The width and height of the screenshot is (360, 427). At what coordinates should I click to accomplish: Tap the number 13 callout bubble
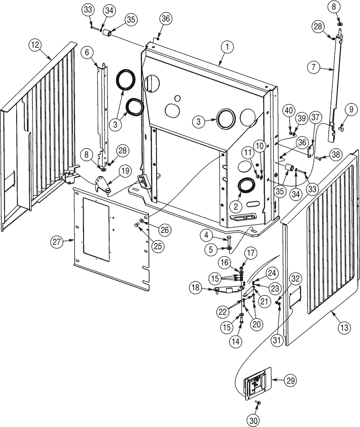pyautogui.click(x=344, y=328)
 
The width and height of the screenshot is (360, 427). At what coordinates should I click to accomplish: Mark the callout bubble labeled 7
pyautogui.click(x=314, y=67)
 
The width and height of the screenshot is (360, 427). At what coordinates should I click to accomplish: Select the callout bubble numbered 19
pyautogui.click(x=112, y=171)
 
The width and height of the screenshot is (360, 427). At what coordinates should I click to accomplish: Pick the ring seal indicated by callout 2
pyautogui.click(x=246, y=186)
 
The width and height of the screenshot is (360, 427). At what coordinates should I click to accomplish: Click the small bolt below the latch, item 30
pyautogui.click(x=258, y=403)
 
